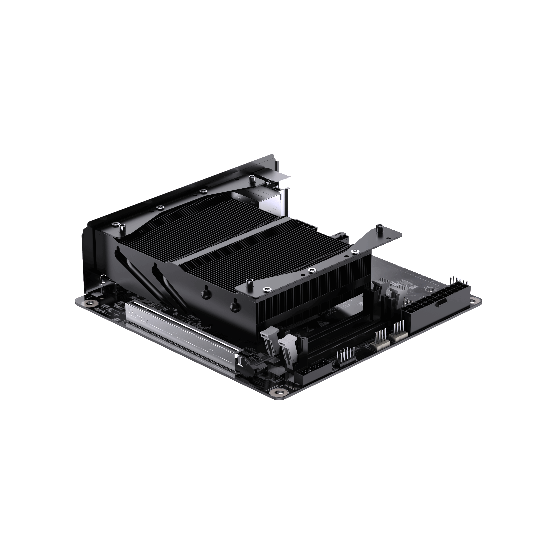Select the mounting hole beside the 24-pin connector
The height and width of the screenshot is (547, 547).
(x=472, y=301)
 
